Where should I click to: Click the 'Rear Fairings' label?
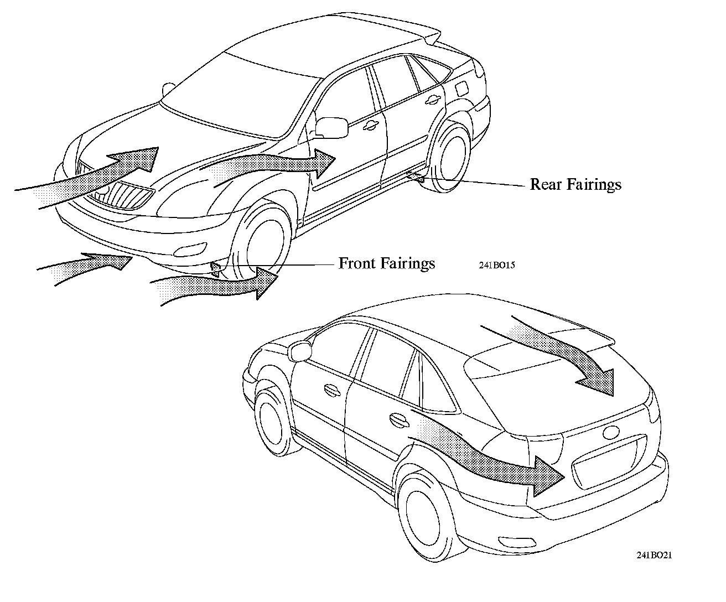575,184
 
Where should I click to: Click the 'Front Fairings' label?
386,263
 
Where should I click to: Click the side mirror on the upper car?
332,127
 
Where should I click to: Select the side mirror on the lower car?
299,351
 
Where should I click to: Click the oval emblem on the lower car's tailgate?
611,433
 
